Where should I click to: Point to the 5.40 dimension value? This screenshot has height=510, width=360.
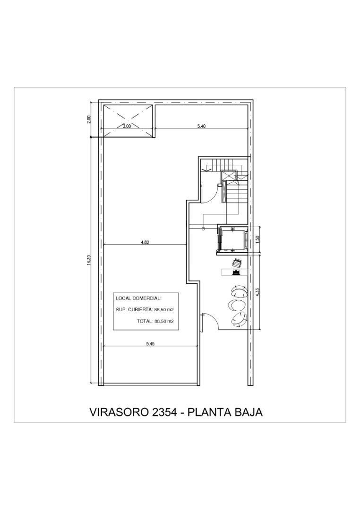click(x=202, y=126)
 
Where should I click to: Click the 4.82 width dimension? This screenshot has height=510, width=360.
click(x=145, y=242)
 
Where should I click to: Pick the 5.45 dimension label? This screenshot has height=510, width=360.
click(x=150, y=344)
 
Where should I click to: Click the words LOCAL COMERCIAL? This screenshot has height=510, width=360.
click(x=138, y=298)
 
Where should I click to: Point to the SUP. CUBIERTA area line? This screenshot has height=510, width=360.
click(x=145, y=310)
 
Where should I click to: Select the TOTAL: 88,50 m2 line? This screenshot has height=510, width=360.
click(x=155, y=321)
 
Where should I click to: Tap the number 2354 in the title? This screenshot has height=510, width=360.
click(x=163, y=412)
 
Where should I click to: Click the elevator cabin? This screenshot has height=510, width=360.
click(x=232, y=239)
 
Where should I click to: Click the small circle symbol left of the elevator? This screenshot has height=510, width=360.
click(x=204, y=229)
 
